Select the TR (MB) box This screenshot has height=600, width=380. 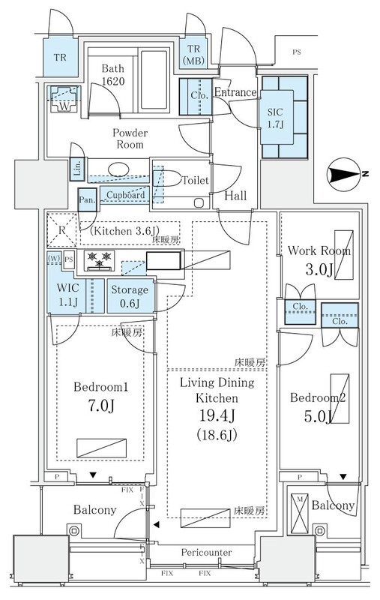pos(193,54)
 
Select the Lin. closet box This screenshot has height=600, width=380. pos(77,169)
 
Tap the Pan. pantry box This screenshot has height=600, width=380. pos(88,200)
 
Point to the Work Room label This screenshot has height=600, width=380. pos(319,251)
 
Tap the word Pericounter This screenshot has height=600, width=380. pos(206,553)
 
